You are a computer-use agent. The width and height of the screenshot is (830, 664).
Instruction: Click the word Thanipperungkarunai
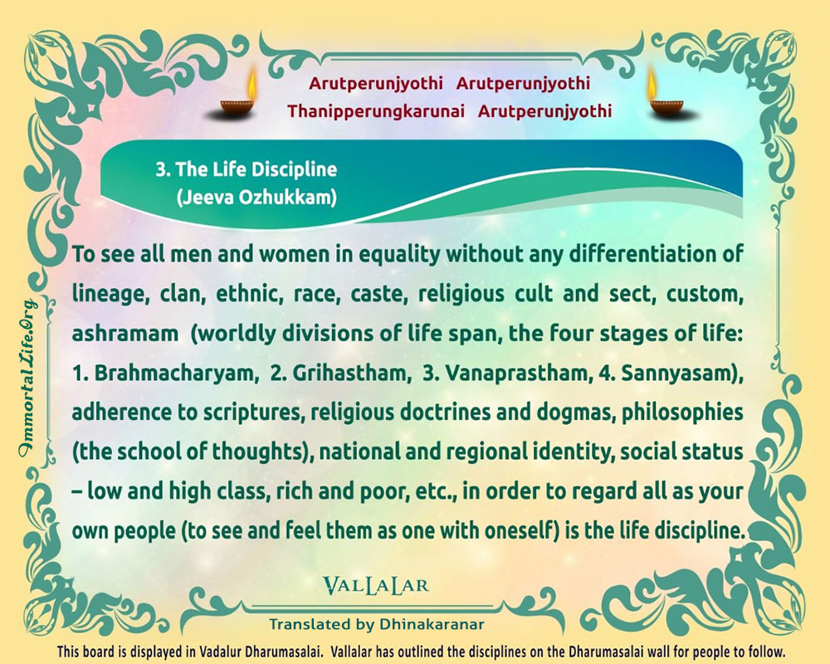coord(376,112)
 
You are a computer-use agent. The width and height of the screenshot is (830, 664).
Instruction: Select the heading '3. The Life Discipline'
coord(247,169)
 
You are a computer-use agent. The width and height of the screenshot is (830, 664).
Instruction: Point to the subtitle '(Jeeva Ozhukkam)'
coord(256,198)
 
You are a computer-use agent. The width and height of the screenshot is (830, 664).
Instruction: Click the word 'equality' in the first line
coord(400,255)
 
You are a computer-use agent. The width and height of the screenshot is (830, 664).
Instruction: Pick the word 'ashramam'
coord(125,334)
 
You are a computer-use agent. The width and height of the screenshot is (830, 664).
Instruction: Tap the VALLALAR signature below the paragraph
coord(376,585)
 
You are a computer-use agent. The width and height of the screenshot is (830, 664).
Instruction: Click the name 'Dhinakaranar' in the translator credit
coord(432,624)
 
